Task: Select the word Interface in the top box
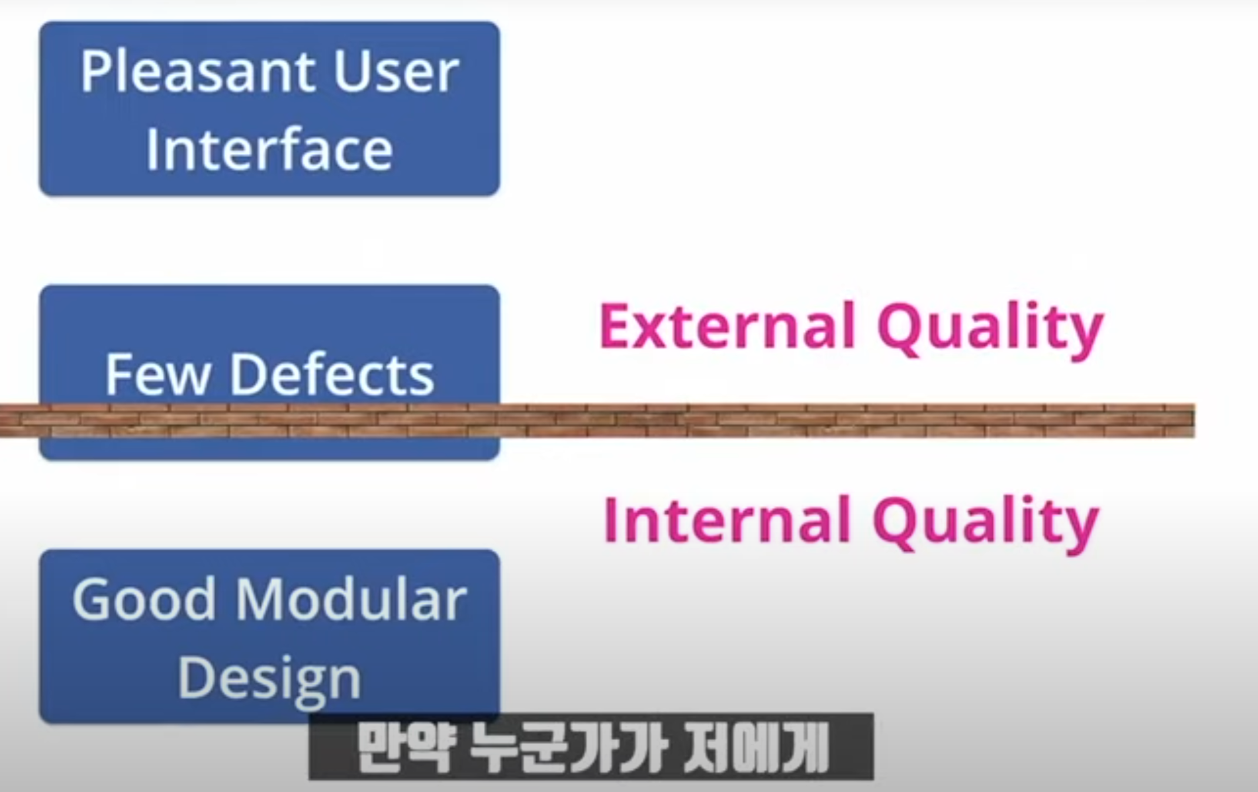[269, 150]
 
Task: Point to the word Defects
[332, 374]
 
